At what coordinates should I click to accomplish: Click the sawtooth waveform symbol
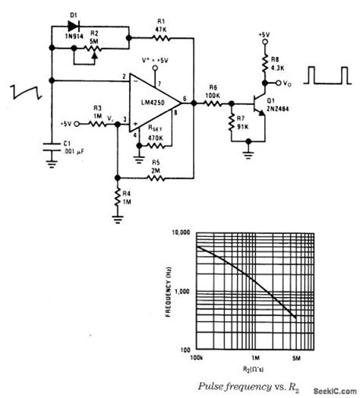coord(23,93)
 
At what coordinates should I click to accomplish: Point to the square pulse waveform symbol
coord(327,75)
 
